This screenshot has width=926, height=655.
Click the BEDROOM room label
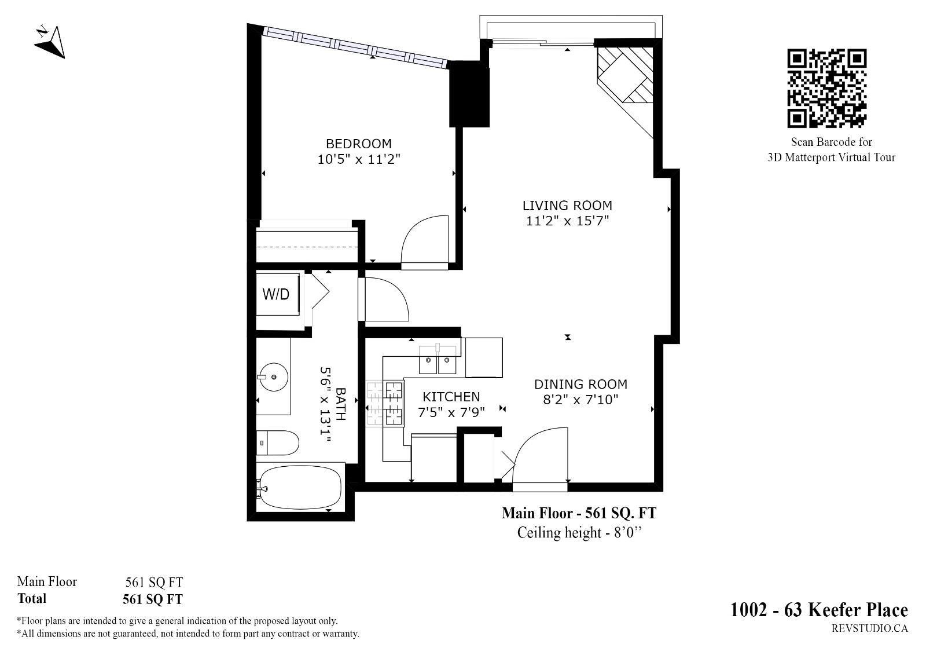coord(358,144)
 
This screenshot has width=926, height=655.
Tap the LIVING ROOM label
coord(567,206)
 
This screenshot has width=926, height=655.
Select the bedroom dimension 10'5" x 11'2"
coord(358,159)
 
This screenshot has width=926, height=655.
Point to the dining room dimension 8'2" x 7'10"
coord(580,399)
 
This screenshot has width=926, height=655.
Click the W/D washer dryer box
coord(278,294)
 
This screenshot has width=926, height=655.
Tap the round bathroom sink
coord(274,377)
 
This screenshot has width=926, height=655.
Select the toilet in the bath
coord(277,442)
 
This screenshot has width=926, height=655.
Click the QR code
coord(827,88)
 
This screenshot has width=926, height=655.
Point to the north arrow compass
coord(51,42)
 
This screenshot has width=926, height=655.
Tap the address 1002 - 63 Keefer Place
coord(819,609)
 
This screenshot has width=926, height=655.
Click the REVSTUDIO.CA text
coord(870,628)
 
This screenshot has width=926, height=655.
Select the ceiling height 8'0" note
coord(579,532)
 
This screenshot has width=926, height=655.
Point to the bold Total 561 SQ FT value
coord(153,599)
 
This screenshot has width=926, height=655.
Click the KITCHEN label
coord(451,397)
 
